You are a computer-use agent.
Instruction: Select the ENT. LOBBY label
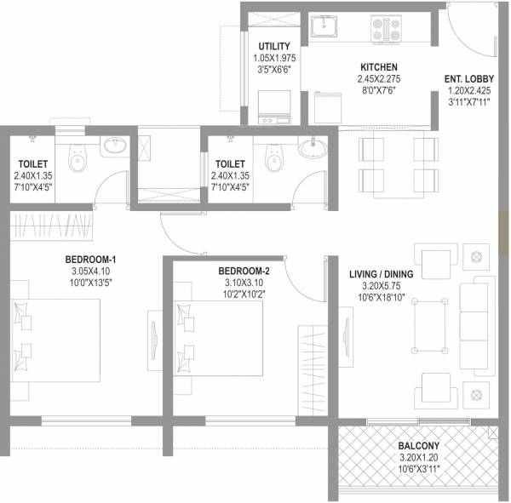pos(466,80)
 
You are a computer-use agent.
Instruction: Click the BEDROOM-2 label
pos(227,272)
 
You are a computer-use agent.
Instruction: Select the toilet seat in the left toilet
pos(78,155)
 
